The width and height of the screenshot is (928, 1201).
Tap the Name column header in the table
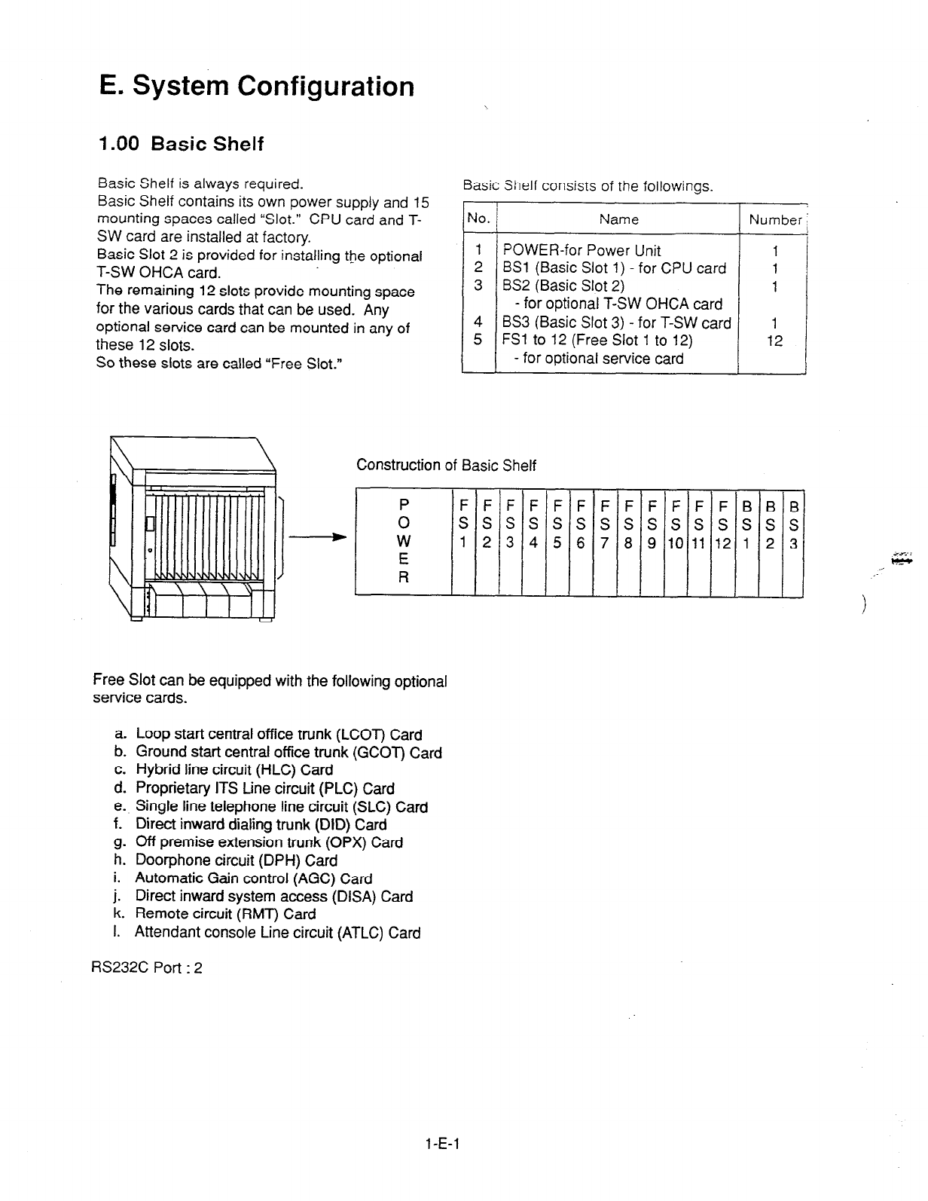point(618,219)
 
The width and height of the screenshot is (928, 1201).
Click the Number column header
point(774,220)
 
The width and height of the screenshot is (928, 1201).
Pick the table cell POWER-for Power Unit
point(582,250)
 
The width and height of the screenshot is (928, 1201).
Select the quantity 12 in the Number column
point(774,341)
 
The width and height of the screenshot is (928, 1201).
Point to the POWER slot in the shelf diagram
point(404,541)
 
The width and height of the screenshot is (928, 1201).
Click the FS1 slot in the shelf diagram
point(462,541)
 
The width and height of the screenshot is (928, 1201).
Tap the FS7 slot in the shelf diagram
point(605,541)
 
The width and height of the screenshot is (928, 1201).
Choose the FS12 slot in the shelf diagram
point(723,541)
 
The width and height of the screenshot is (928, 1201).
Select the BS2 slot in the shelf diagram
point(770,541)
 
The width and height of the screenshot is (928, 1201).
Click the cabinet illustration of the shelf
point(194,530)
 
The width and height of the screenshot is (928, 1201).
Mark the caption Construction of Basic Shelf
point(446,465)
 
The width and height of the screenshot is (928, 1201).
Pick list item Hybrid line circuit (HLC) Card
point(234,770)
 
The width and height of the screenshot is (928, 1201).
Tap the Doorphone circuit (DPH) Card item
point(236,860)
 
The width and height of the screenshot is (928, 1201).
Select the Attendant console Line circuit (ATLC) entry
point(277,933)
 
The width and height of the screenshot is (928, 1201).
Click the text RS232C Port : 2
point(148,968)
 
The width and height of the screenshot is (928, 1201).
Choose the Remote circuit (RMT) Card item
point(224,914)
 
